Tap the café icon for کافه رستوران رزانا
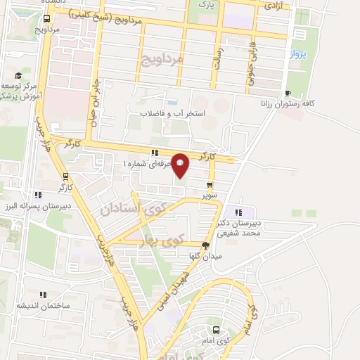tap(287, 94)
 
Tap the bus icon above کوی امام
tap(216, 329)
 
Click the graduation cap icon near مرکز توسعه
tap(18, 76)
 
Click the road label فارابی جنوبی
tap(250, 70)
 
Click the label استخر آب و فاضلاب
tap(172, 113)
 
